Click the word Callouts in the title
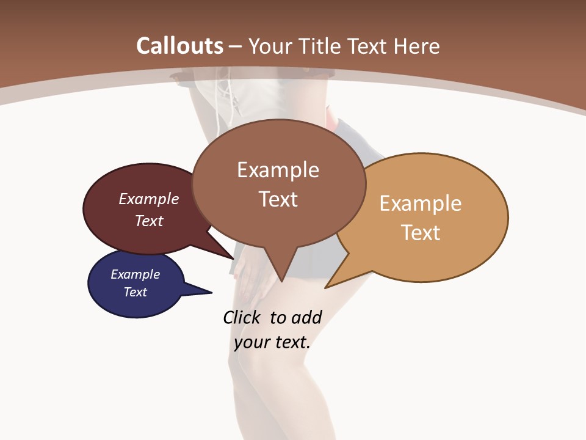179,46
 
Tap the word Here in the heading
415,46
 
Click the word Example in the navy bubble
136,274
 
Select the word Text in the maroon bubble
149,221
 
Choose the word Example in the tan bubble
421,204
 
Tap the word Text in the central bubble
278,199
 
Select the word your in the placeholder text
251,342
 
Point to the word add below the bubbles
307,317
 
